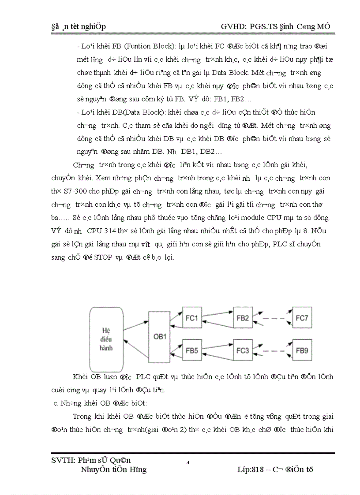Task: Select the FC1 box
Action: click(x=193, y=318)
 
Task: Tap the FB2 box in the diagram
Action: click(x=244, y=318)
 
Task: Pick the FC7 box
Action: click(x=303, y=318)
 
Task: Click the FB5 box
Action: click(x=192, y=351)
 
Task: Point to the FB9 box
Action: click(x=303, y=351)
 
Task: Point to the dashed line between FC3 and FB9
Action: click(x=274, y=351)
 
